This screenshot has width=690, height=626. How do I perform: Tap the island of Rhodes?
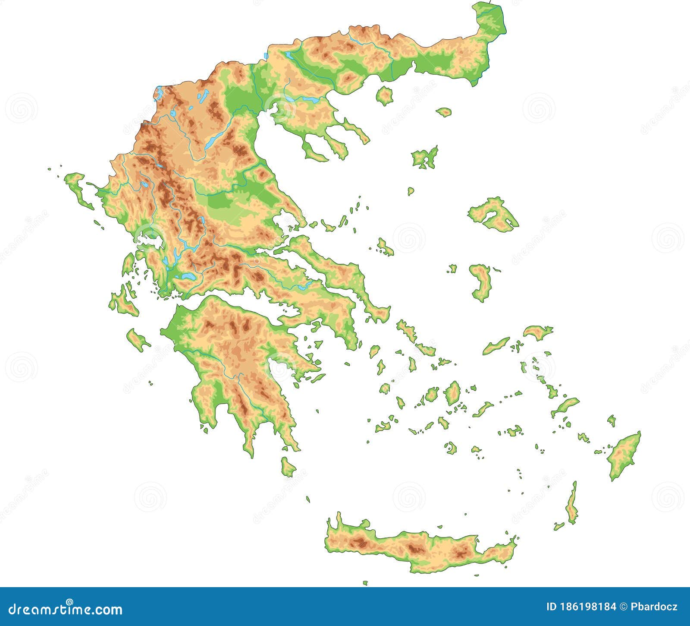click(623, 455)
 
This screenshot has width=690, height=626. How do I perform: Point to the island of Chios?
click(481, 283)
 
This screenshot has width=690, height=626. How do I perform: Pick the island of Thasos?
click(384, 95)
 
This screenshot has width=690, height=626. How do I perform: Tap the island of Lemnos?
click(425, 158)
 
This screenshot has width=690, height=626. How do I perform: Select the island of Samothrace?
click(443, 112)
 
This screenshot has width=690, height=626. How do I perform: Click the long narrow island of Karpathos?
click(572, 505)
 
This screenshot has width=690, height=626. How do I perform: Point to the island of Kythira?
click(288, 467)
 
